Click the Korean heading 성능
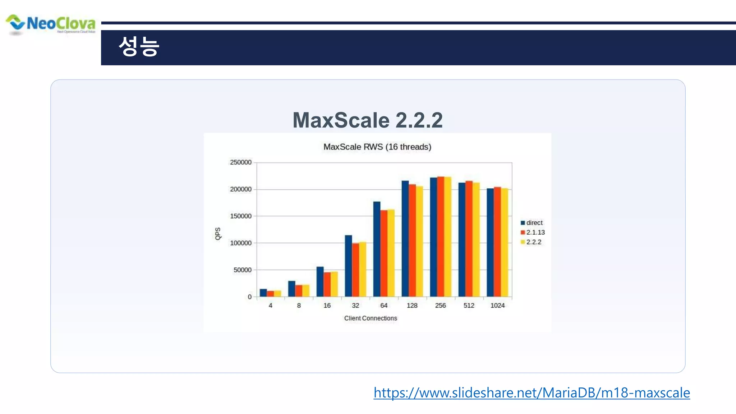(x=139, y=47)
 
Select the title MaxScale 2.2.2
(x=367, y=120)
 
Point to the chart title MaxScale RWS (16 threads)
(x=377, y=147)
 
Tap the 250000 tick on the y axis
(x=240, y=162)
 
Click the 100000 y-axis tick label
(x=240, y=243)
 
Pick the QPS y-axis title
(x=218, y=234)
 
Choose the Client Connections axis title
(x=371, y=318)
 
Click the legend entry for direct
(x=534, y=223)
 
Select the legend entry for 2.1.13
(x=535, y=233)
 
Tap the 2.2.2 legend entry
(x=533, y=242)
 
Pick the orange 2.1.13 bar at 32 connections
(x=355, y=270)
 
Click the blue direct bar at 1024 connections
(x=490, y=243)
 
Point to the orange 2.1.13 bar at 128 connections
(x=412, y=240)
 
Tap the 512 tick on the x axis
(x=469, y=305)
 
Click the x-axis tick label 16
(x=327, y=305)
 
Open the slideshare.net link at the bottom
(x=532, y=393)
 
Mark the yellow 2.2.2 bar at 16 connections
(x=334, y=284)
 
